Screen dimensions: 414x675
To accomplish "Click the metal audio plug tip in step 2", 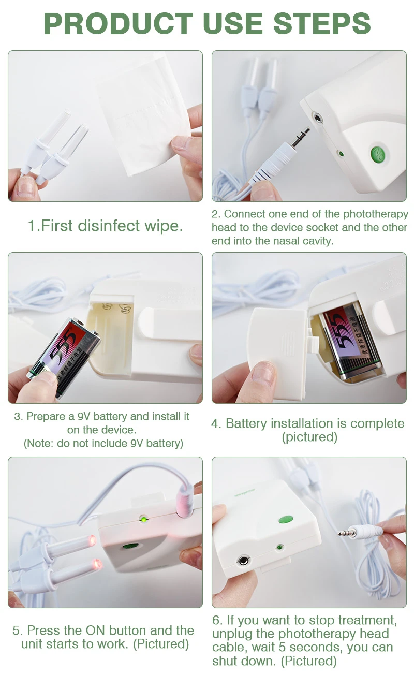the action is pos(299,137).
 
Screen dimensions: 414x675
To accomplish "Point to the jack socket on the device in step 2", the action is pos(317,118).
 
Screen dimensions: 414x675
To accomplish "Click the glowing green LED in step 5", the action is pos(144,519).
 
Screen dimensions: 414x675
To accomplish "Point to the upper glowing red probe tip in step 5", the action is pos(92,540).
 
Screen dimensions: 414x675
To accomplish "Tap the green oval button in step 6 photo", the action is pos(286,519).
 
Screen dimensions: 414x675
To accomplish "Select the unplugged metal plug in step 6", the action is pos(347,533).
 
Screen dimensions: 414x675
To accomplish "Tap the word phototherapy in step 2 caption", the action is pos(375,214).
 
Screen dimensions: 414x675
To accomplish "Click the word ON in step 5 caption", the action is pos(95,630).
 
